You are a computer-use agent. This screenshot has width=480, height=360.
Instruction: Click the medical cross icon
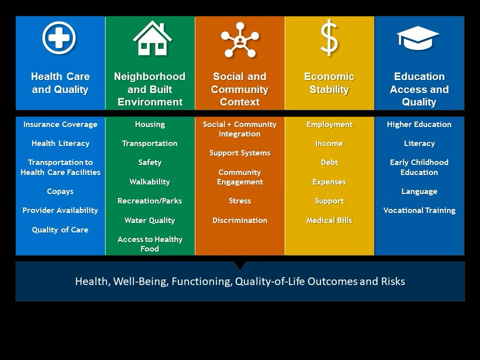tap(59, 37)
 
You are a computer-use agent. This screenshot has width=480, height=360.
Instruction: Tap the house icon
tap(152, 38)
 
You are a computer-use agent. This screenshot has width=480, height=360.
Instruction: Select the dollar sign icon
tap(329, 37)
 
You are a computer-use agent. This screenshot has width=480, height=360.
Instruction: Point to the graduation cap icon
tap(418, 38)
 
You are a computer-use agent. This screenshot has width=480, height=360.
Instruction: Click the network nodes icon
tap(240, 40)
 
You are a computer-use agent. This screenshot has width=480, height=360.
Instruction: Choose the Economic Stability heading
tap(329, 83)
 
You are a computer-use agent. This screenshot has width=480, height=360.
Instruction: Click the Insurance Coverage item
tap(60, 124)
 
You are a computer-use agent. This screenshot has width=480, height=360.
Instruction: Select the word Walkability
tap(149, 182)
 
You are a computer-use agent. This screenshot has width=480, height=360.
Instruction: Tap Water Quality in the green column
tap(149, 220)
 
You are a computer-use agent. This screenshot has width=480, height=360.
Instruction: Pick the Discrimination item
tap(240, 220)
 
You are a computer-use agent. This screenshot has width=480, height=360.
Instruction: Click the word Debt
tap(329, 162)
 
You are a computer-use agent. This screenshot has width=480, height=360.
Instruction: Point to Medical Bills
tap(329, 220)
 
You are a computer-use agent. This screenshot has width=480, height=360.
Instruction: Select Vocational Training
tap(419, 210)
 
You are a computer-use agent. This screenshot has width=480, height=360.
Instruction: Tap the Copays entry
tap(60, 191)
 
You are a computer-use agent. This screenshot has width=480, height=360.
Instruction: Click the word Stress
tap(240, 201)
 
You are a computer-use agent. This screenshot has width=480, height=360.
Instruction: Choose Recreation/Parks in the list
tap(149, 201)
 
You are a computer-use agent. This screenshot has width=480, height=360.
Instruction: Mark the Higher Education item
tap(419, 124)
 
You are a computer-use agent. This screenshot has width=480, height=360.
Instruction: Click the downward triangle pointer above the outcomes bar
tap(240, 265)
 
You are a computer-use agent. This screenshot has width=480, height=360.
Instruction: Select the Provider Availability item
tap(60, 210)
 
